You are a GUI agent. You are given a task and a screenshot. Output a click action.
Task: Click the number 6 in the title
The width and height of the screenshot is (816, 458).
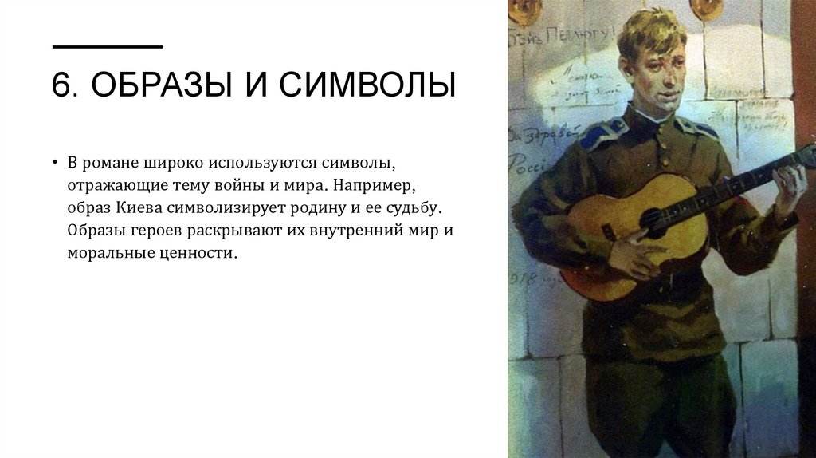point(61,85)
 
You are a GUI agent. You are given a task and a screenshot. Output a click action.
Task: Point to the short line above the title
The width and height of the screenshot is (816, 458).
point(107,47)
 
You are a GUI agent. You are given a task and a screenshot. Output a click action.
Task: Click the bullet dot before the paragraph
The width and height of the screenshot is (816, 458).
point(56,163)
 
